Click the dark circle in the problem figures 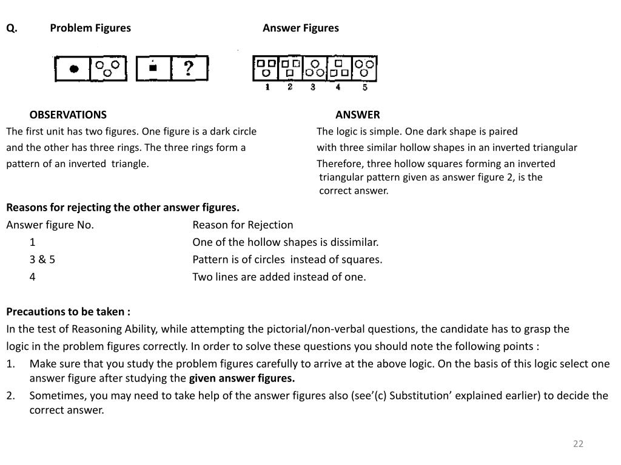[x=73, y=69]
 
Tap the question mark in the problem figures [x=189, y=68]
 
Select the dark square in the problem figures [x=153, y=68]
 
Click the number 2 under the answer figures [x=290, y=87]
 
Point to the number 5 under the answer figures [x=364, y=87]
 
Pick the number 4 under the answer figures [x=338, y=87]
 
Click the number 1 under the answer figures [x=267, y=87]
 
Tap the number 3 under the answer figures [x=313, y=87]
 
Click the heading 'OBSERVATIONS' [x=68, y=114]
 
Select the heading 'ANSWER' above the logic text [x=358, y=114]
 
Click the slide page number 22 [x=577, y=444]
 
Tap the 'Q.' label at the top [x=12, y=28]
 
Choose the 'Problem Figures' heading [x=90, y=28]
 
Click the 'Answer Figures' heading [x=301, y=28]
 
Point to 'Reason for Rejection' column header [x=243, y=225]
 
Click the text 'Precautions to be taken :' [x=68, y=312]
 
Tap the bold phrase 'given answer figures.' [x=242, y=379]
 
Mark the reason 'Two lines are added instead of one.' [x=279, y=277]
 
